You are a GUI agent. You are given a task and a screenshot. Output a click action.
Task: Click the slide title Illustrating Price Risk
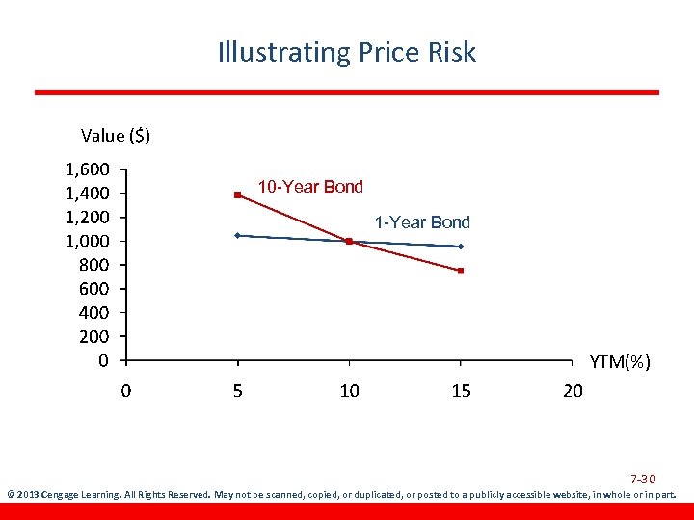coord(347,52)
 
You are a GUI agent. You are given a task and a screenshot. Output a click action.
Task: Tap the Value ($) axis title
coord(116,136)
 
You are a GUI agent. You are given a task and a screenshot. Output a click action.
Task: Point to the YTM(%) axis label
coord(620,362)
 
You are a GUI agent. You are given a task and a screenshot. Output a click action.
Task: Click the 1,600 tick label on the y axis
coord(88,169)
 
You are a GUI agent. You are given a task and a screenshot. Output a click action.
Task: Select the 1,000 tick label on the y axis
coord(88,241)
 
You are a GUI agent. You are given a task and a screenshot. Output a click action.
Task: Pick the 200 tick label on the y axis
coord(94,336)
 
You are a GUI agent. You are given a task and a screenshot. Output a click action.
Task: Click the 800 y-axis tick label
coord(94,265)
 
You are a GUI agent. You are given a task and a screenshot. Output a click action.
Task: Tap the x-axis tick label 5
coord(237,391)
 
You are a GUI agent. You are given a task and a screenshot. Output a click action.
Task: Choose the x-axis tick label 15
coord(461,391)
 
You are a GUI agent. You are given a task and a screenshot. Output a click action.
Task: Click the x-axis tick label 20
coord(573,391)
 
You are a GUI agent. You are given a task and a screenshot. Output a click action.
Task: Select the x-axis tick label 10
coord(349,391)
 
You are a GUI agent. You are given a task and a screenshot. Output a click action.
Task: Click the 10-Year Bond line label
coord(309,187)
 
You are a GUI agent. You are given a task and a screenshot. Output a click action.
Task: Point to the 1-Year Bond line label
coord(422,222)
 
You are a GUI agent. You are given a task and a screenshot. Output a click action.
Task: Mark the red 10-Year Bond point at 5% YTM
coord(237,195)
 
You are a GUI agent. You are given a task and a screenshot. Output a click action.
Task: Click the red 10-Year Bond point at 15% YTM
coord(461,271)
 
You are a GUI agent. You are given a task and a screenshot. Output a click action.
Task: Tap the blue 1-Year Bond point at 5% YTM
coord(237,235)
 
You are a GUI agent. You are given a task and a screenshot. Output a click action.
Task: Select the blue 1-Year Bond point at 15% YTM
coord(461,247)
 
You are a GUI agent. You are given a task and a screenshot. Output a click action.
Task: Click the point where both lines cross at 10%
coord(349,241)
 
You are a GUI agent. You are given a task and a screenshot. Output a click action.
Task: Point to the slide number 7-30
coord(643,479)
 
